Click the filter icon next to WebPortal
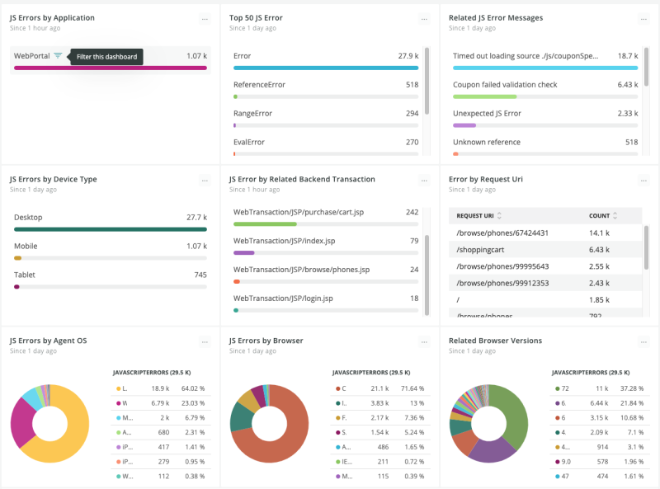pyautogui.click(x=58, y=56)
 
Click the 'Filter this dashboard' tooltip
pyautogui.click(x=106, y=57)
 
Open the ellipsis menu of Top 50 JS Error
pyautogui.click(x=424, y=19)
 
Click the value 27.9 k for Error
pyautogui.click(x=408, y=56)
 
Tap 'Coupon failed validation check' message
pyautogui.click(x=505, y=85)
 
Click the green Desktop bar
pyautogui.click(x=111, y=229)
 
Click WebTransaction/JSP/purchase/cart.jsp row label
pyautogui.click(x=299, y=212)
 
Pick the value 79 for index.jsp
pyautogui.click(x=413, y=241)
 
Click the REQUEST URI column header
pyautogui.click(x=476, y=216)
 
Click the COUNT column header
pyautogui.click(x=599, y=216)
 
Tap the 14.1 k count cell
pyautogui.click(x=600, y=233)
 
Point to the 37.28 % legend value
pyautogui.click(x=630, y=388)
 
